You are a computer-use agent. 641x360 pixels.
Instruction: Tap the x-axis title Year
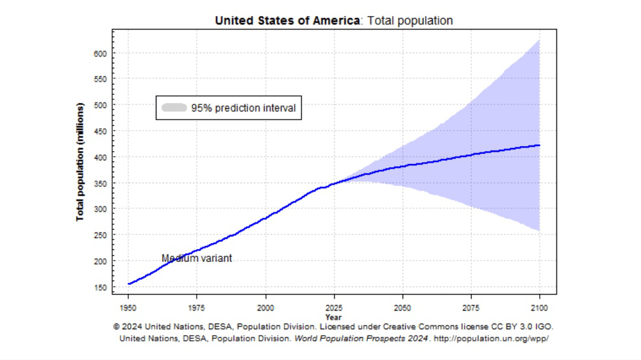click(x=333, y=316)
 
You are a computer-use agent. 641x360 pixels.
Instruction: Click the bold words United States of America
click(x=287, y=20)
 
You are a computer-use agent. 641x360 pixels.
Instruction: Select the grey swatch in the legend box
click(x=174, y=108)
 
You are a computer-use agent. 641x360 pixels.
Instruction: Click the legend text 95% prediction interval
click(x=244, y=108)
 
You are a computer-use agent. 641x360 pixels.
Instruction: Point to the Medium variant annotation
click(x=196, y=258)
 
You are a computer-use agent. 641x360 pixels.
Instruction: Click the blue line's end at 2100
click(x=540, y=145)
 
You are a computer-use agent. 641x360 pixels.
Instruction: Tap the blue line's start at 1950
click(x=128, y=284)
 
